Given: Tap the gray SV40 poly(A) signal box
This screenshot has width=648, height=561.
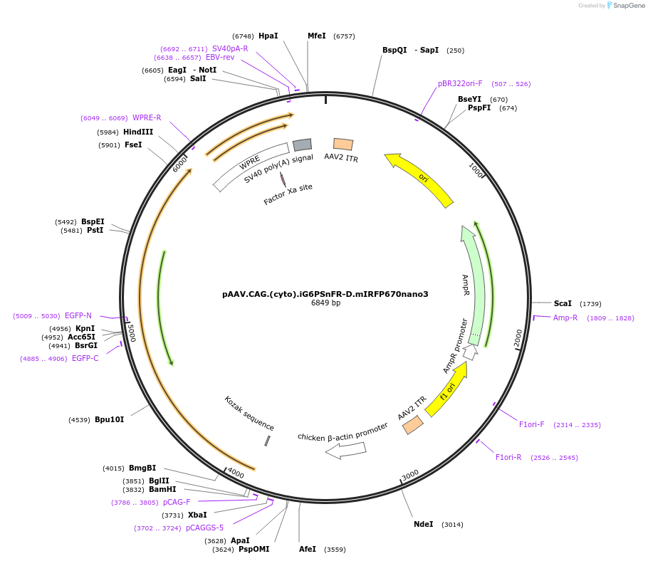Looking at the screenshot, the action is pyautogui.click(x=302, y=145).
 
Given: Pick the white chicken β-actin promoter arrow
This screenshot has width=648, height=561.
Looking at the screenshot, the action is pyautogui.click(x=345, y=450).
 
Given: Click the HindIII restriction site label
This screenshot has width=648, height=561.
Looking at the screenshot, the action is pyautogui.click(x=138, y=132).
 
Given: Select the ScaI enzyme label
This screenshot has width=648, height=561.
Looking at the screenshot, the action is pyautogui.click(x=563, y=303).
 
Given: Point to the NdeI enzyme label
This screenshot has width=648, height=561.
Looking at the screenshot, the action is pyautogui.click(x=424, y=524).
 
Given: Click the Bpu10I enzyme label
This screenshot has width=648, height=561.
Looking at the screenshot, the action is pyautogui.click(x=110, y=420).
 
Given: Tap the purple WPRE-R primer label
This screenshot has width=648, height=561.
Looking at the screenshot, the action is pyautogui.click(x=147, y=117).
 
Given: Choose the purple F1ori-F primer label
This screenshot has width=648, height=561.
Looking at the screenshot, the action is pyautogui.click(x=531, y=425).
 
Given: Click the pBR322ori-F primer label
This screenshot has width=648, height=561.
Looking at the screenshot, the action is pyautogui.click(x=460, y=83).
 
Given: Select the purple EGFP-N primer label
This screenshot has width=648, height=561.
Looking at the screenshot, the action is pyautogui.click(x=78, y=315).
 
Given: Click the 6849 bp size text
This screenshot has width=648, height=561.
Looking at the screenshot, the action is pyautogui.click(x=325, y=303).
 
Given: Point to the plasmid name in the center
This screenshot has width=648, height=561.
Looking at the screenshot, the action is pyautogui.click(x=325, y=294).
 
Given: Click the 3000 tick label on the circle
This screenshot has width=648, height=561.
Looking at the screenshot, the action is pyautogui.click(x=410, y=475).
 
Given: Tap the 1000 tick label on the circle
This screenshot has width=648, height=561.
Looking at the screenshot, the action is pyautogui.click(x=476, y=170).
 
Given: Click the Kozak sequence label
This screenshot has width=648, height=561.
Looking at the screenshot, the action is pyautogui.click(x=249, y=413).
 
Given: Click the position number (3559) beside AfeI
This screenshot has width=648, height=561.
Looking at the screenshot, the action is pyautogui.click(x=335, y=550).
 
